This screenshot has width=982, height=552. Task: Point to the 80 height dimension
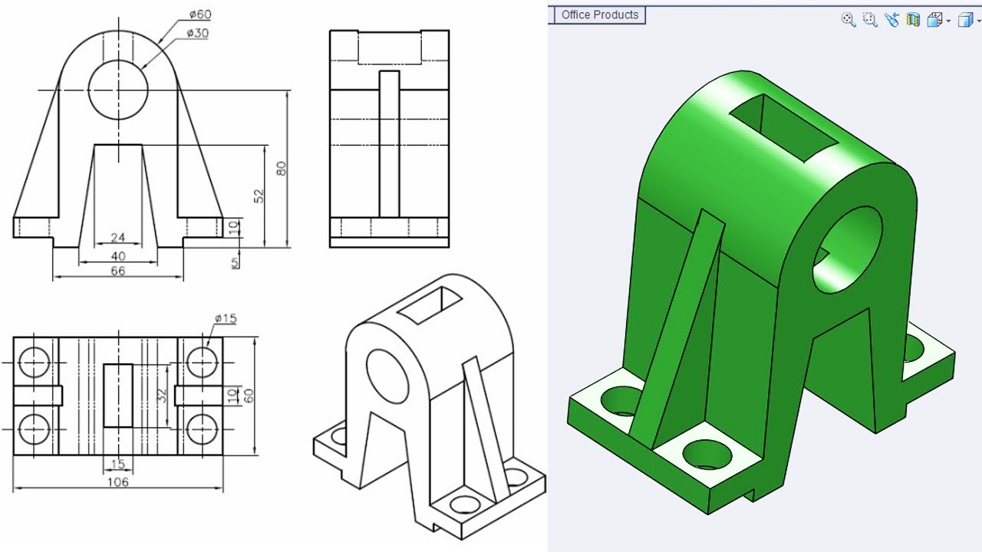[282, 169]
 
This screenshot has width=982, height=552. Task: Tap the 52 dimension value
[259, 195]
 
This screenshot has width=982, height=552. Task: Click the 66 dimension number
[117, 271]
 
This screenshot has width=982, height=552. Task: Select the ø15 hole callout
[226, 318]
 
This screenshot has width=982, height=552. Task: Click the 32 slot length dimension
[161, 396]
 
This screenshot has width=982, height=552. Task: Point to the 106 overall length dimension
[117, 481]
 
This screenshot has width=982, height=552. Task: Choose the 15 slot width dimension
[117, 464]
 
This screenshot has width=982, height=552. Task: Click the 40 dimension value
[117, 255]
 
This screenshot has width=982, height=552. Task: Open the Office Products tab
[599, 15]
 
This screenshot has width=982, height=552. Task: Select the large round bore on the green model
[848, 249]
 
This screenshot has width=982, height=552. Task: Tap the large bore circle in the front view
[118, 90]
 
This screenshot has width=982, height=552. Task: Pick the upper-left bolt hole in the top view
[35, 361]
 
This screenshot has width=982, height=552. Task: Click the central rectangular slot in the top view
[118, 395]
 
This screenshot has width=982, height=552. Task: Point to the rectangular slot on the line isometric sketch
[429, 304]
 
